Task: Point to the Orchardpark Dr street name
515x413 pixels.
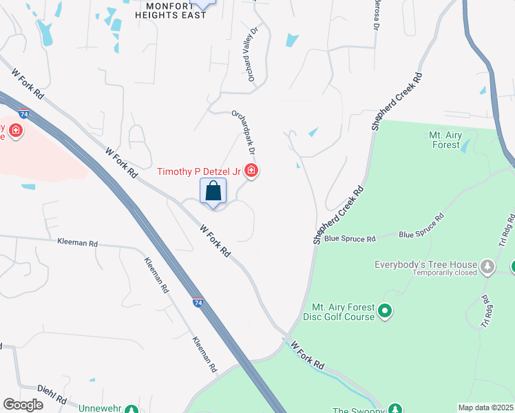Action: (x=244, y=131)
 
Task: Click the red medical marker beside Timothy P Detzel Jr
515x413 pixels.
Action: (x=252, y=171)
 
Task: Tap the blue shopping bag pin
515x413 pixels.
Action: (x=213, y=191)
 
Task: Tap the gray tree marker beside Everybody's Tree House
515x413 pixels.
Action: (x=487, y=266)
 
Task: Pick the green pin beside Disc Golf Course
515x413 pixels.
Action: (x=386, y=313)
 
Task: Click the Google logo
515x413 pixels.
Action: (x=23, y=405)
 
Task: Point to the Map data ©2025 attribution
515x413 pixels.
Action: (x=485, y=407)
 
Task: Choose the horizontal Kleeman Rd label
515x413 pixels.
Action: (x=78, y=243)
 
